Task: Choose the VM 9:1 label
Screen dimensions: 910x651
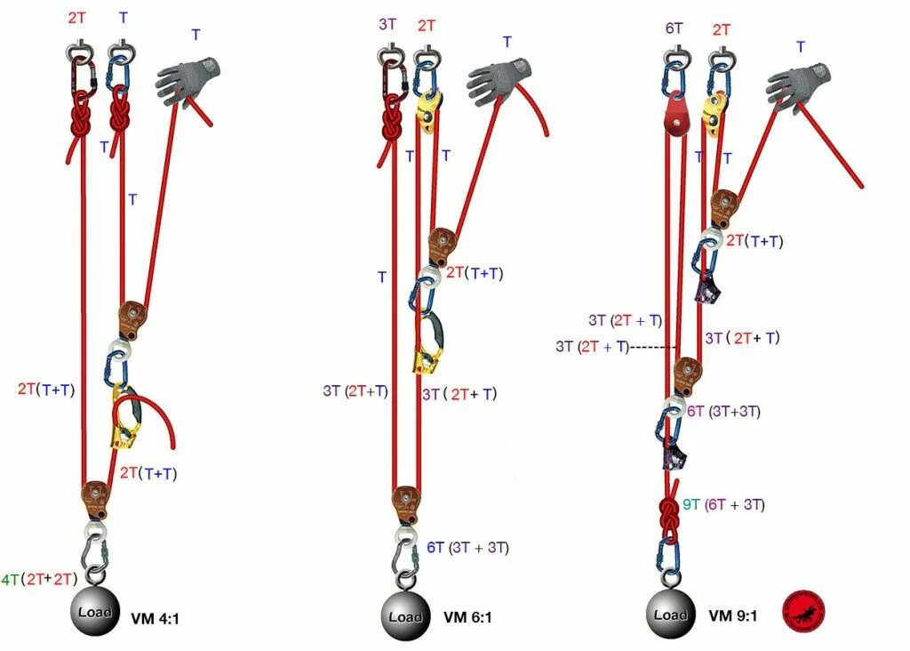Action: tap(733, 615)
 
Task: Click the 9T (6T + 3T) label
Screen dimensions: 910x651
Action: tap(723, 505)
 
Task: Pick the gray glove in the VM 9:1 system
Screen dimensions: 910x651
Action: tap(796, 84)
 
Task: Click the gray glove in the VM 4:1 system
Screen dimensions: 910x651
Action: tap(188, 80)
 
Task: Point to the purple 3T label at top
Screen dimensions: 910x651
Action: tap(387, 24)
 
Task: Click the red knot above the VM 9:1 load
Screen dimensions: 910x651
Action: tap(668, 517)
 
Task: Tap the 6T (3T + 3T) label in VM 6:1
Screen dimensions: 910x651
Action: tap(467, 548)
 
